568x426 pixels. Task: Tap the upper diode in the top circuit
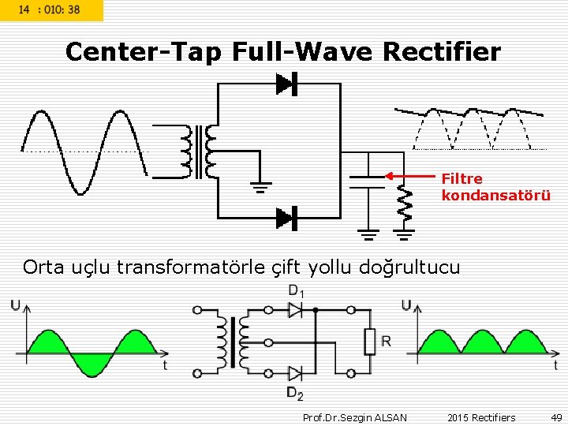(285, 84)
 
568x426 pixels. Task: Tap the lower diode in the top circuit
(285, 217)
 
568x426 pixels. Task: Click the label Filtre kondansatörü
(495, 187)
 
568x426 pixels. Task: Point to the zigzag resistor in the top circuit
(404, 204)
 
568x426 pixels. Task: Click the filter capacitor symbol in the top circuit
(366, 181)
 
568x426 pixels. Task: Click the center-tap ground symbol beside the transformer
(260, 186)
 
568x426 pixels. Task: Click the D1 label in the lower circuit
(297, 290)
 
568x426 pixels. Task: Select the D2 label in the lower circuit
(295, 393)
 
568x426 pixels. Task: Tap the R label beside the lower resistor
(387, 341)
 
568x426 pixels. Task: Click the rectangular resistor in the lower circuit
(369, 342)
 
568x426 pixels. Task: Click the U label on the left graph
(16, 305)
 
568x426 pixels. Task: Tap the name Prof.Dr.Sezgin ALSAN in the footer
(355, 417)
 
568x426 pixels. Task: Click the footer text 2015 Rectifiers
(481, 417)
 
